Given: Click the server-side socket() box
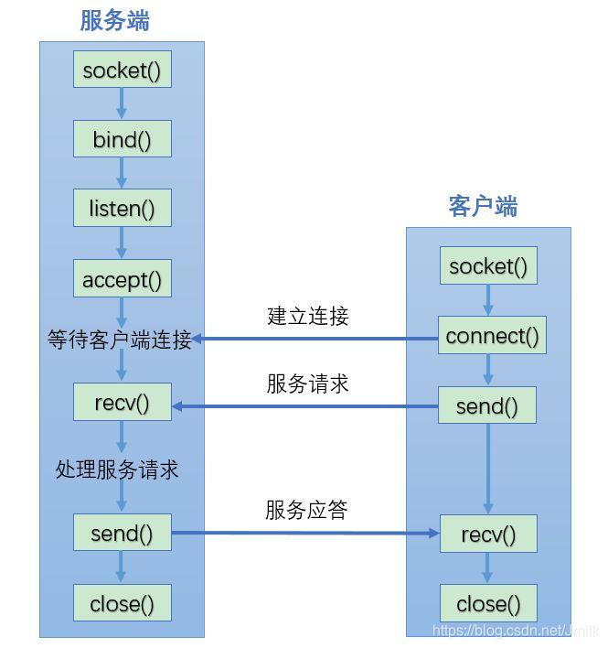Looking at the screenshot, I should point(122,71).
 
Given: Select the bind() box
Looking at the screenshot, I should point(122,140).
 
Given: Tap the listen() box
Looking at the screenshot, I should point(122,210).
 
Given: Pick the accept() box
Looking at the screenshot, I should point(122,279).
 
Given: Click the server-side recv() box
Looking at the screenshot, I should point(122,402).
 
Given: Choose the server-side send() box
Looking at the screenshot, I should point(122,533).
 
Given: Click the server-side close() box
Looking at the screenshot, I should point(122,603).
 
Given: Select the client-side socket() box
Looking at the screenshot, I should point(488,266).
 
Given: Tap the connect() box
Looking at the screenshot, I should point(492,336).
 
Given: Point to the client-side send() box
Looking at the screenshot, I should point(487,406).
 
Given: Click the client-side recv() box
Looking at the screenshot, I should point(487,534).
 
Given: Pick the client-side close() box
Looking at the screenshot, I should point(487,603).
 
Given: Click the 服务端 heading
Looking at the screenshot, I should point(115,20).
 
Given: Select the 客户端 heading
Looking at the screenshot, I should point(483,207).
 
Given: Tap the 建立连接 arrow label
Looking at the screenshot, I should point(308,317).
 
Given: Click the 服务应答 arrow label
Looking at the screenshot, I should point(307,511).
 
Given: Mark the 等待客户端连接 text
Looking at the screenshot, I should point(120,340).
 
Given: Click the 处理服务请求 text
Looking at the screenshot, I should point(117,470).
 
